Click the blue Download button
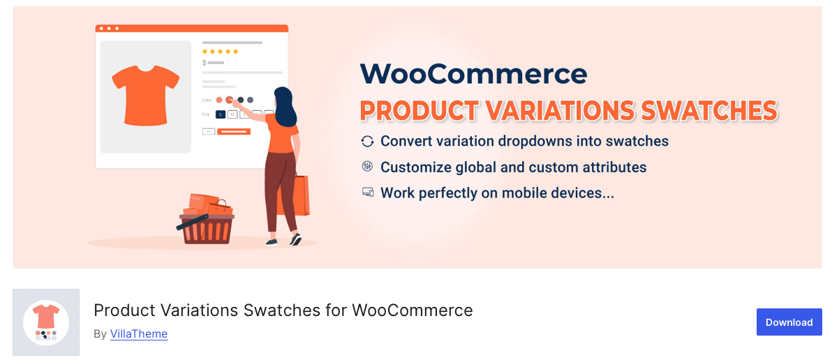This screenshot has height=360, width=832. click(x=789, y=322)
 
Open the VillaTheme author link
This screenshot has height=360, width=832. click(x=139, y=334)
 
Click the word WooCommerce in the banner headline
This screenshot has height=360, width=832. click(x=473, y=74)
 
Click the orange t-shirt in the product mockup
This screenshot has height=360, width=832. click(x=146, y=94)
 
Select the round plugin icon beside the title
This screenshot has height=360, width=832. click(x=46, y=322)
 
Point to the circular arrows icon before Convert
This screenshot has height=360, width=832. click(x=367, y=142)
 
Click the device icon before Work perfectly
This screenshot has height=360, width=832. click(x=367, y=193)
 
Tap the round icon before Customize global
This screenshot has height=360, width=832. click(x=367, y=167)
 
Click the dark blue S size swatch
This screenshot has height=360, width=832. click(x=220, y=114)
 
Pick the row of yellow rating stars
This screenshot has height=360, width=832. click(x=220, y=52)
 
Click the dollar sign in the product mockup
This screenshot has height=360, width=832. click(x=204, y=63)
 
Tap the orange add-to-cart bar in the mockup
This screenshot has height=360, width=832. click(x=233, y=131)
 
